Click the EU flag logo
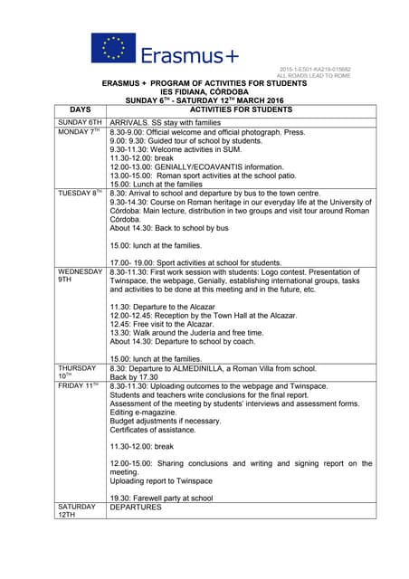pos(112,49)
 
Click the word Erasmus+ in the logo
pos(189,55)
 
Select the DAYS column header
pos(80,109)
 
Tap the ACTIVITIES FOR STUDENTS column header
pos(240,109)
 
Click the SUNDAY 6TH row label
pos(80,121)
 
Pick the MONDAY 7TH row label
pos(78,132)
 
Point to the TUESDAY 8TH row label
pos(79,194)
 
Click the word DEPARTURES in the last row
pos(136,508)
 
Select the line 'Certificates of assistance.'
pos(161,432)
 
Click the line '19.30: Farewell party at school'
pos(161,498)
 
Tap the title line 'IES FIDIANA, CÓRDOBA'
pos(204,91)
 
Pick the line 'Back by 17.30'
pos(136,377)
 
